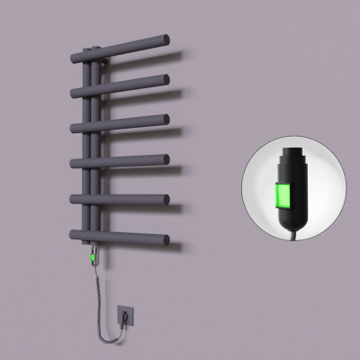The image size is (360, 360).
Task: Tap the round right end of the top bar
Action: point(167,39)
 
